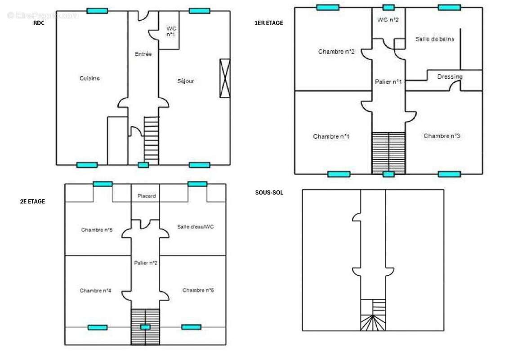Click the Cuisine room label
pyautogui.click(x=89, y=78)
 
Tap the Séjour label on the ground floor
pyautogui.click(x=186, y=81)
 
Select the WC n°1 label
pyautogui.click(x=171, y=31)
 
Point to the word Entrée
pyautogui.click(x=143, y=54)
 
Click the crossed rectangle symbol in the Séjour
pyautogui.click(x=224, y=78)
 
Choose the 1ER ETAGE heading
pyautogui.click(x=268, y=23)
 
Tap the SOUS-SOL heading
pyautogui.click(x=269, y=192)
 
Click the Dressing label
pyautogui.click(x=450, y=76)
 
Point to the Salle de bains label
pyautogui.click(x=434, y=39)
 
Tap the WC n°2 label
pyautogui.click(x=388, y=20)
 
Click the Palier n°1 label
pyautogui.click(x=388, y=82)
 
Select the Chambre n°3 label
pyautogui.click(x=442, y=136)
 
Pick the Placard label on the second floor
pyautogui.click(x=147, y=196)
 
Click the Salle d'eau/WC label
pyautogui.click(x=195, y=227)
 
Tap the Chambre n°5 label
pyautogui.click(x=97, y=230)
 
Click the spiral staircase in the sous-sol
pyautogui.click(x=373, y=323)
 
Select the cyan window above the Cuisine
pyautogui.click(x=97, y=11)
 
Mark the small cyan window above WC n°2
pyautogui.click(x=388, y=7)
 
